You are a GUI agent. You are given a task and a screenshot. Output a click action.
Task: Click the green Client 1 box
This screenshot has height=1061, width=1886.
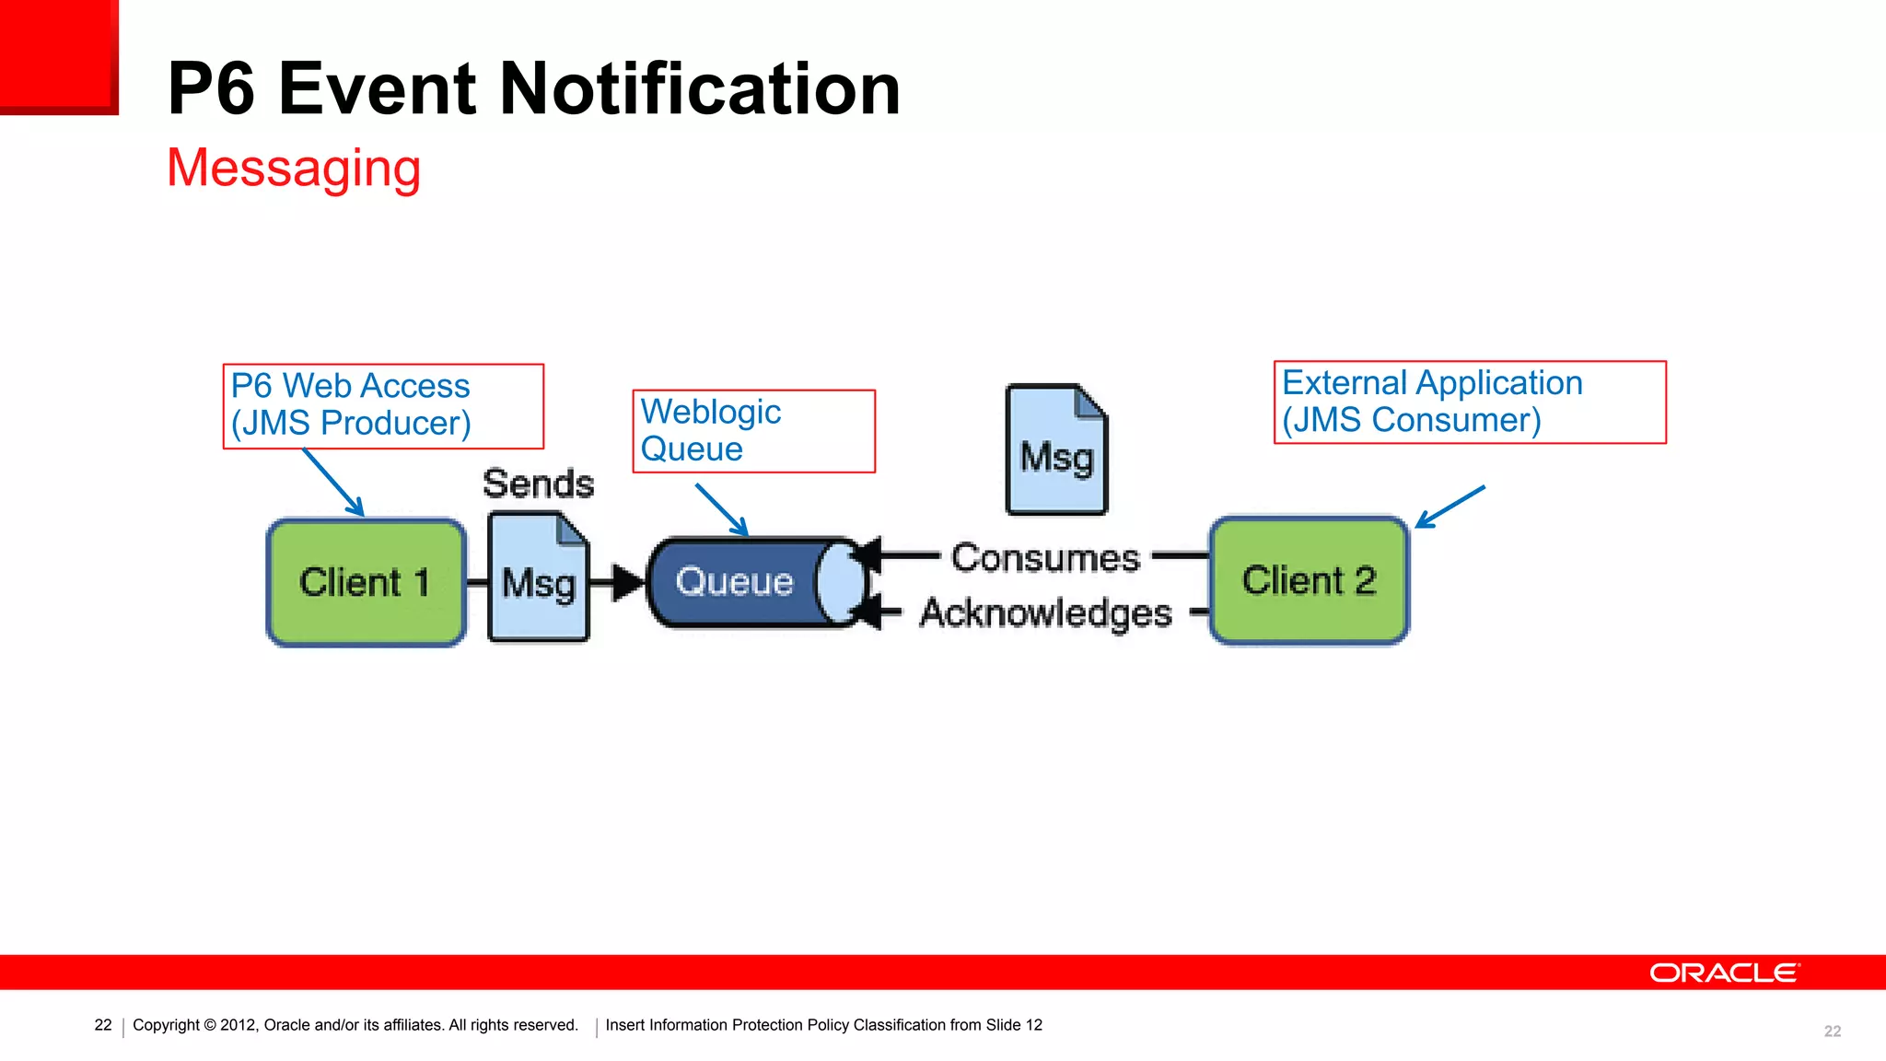click(366, 582)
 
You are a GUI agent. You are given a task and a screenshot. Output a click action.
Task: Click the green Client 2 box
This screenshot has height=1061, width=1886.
click(1309, 581)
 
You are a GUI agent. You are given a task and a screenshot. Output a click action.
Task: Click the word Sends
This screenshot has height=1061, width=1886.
click(539, 484)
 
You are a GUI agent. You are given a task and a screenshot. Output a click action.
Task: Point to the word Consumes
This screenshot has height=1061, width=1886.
click(1045, 558)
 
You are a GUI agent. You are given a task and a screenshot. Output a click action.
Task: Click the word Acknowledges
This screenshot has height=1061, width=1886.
click(1045, 613)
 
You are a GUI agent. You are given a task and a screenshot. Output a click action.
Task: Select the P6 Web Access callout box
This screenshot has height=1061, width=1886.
click(383, 406)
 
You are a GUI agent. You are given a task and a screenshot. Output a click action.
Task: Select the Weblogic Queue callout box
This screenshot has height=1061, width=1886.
click(753, 431)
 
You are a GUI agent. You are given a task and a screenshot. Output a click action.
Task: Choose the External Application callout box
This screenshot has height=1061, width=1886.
click(1470, 402)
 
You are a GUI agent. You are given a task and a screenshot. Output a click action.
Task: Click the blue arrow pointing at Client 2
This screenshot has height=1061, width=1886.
click(1450, 507)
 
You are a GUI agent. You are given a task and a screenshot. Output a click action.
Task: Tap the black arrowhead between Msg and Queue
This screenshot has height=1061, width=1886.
click(628, 582)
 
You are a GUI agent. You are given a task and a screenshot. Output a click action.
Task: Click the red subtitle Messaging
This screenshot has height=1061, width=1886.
click(294, 169)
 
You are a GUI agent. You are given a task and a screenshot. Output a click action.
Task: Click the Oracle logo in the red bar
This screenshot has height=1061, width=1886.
click(1723, 974)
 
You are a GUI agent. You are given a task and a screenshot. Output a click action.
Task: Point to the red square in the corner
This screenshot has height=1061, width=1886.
click(58, 56)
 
